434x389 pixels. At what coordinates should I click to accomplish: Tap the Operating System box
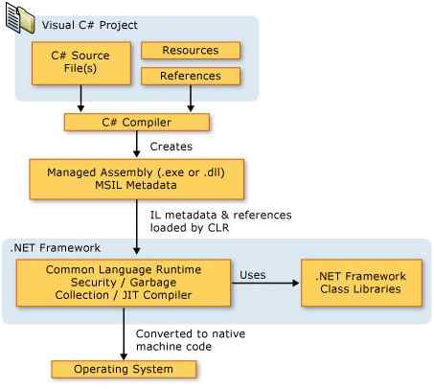[125, 369]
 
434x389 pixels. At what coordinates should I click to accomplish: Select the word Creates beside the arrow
[172, 146]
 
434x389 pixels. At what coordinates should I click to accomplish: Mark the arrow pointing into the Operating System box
[124, 342]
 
